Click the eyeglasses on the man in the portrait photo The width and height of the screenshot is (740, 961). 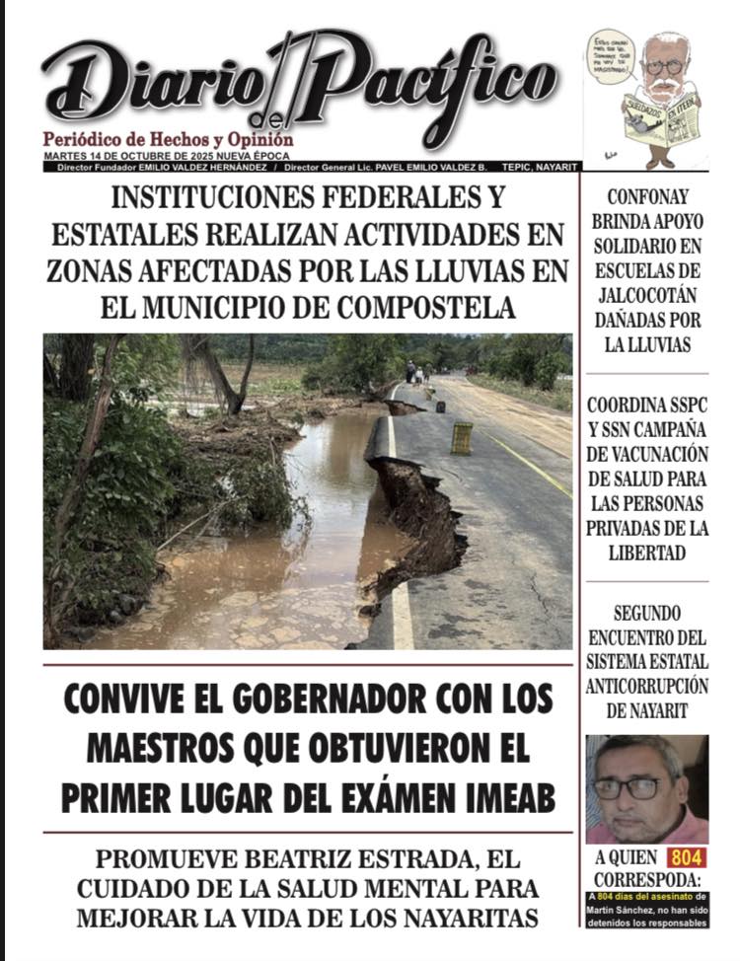pos(629,787)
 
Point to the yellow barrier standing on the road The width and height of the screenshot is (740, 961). pos(461,438)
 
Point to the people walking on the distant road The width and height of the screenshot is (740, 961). pos(417,373)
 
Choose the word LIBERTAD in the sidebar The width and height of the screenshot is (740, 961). pos(647,553)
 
